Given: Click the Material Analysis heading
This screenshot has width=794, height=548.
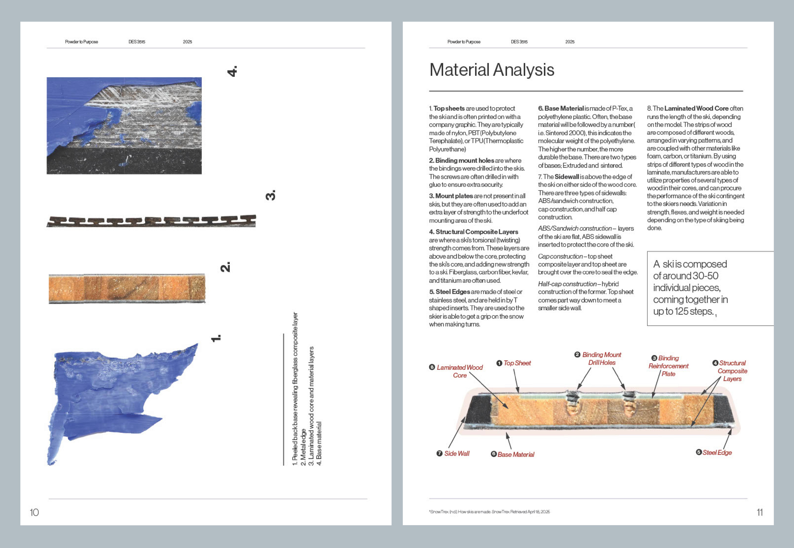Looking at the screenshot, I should coord(492,70).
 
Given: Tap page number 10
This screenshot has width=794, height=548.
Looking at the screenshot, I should coord(34,512).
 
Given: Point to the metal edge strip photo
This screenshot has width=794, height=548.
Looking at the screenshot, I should coord(151,221).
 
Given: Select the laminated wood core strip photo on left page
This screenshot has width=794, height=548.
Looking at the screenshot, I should coord(127,288).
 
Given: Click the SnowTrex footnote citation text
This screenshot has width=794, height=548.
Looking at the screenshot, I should coord(489,512).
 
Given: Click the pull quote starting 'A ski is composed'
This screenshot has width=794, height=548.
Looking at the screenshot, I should coord(690,288).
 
